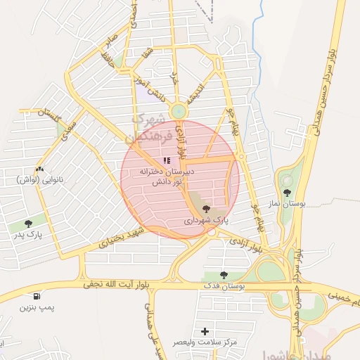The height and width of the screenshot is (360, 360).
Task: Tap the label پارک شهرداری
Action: [x=207, y=220]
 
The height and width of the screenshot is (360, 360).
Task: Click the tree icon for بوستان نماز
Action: [x=288, y=192]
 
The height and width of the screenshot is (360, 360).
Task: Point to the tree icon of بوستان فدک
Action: [x=224, y=275]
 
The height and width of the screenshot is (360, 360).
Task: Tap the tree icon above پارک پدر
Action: [x=27, y=224]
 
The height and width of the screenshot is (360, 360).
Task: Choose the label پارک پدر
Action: [x=27, y=235]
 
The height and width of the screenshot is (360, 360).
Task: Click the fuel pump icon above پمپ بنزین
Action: [x=37, y=296]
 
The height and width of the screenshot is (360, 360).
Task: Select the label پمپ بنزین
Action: [x=37, y=307]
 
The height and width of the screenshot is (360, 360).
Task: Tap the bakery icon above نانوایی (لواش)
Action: [x=39, y=169]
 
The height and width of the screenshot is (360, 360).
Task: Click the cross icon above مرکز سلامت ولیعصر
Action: [x=205, y=330]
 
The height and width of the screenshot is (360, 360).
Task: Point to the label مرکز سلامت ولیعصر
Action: [x=205, y=342]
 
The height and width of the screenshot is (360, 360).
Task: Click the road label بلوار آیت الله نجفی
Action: [x=119, y=284]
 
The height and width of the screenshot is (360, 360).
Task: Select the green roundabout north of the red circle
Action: [x=179, y=110]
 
